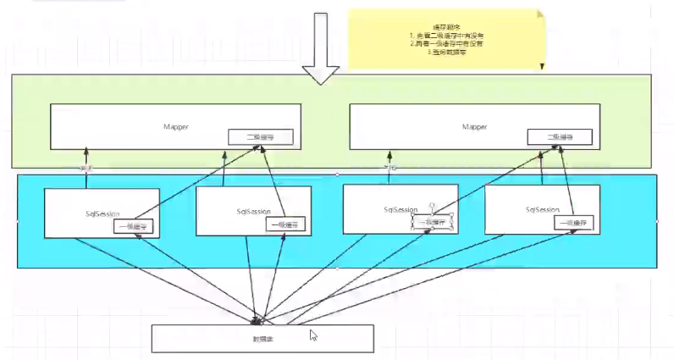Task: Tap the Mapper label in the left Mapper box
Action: tap(176, 126)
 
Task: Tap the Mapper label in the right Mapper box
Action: tap(475, 126)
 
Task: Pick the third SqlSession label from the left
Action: tap(399, 208)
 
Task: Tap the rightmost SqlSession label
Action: tap(542, 208)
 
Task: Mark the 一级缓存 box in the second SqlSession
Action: tap(285, 224)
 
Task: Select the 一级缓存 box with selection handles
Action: tap(430, 221)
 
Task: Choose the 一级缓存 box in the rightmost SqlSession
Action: tap(574, 223)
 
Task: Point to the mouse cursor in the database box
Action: tap(313, 335)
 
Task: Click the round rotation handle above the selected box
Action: tap(431, 205)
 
